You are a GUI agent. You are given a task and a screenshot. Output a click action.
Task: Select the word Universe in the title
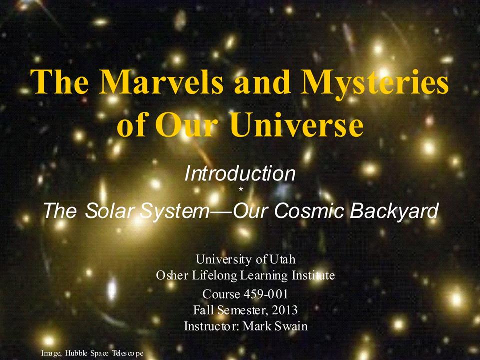click(x=296, y=125)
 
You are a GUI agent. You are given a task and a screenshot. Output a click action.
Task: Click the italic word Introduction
click(x=240, y=173)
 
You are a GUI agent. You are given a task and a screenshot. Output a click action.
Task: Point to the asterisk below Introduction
click(x=241, y=190)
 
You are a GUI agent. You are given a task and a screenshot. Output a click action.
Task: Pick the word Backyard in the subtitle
click(x=394, y=211)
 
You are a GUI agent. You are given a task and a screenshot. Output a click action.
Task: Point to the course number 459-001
click(x=266, y=294)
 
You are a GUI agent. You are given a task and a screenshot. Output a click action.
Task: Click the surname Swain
click(x=291, y=326)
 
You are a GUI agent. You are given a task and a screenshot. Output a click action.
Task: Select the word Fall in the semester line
click(x=204, y=310)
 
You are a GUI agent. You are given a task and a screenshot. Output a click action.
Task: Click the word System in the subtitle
click(x=173, y=211)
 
